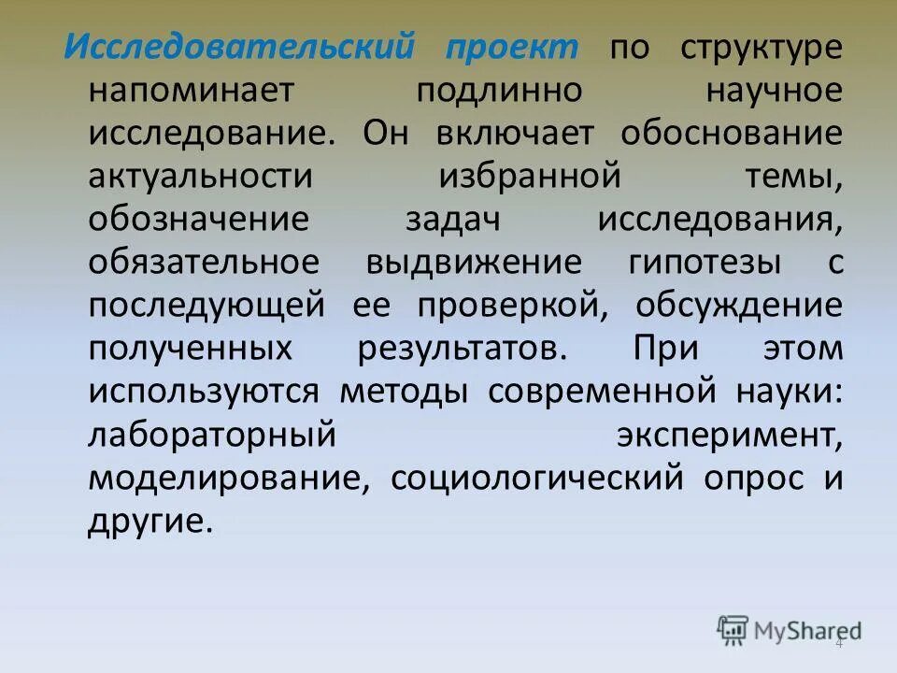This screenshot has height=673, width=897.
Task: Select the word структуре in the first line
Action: (762, 49)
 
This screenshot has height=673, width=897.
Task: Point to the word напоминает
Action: (191, 92)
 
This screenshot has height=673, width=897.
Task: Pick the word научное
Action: (776, 92)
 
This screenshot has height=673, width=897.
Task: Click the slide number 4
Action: (839, 643)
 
